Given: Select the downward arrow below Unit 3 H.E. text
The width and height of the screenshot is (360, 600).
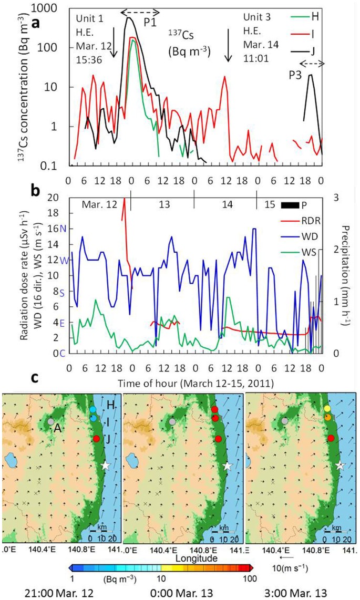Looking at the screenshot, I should tap(228, 51).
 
